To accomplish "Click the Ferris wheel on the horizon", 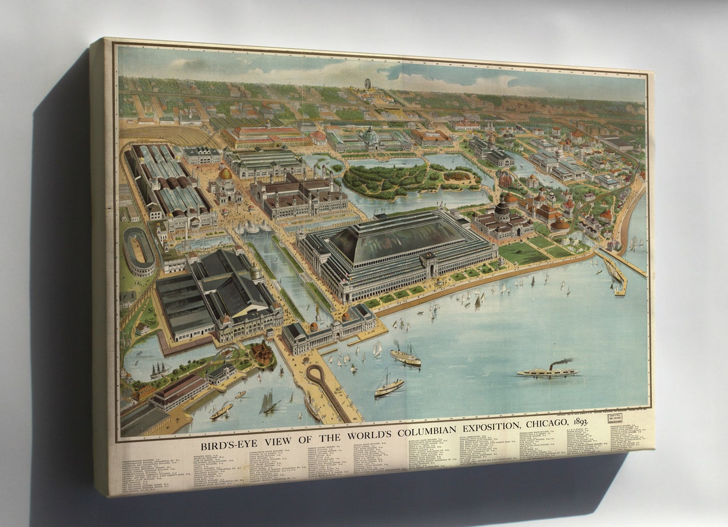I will click(x=367, y=84).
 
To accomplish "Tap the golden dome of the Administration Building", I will click(x=225, y=173).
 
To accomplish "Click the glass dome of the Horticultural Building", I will click(x=370, y=135).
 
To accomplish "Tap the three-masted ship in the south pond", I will click(x=158, y=369).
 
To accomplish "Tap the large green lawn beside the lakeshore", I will click(x=522, y=253).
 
